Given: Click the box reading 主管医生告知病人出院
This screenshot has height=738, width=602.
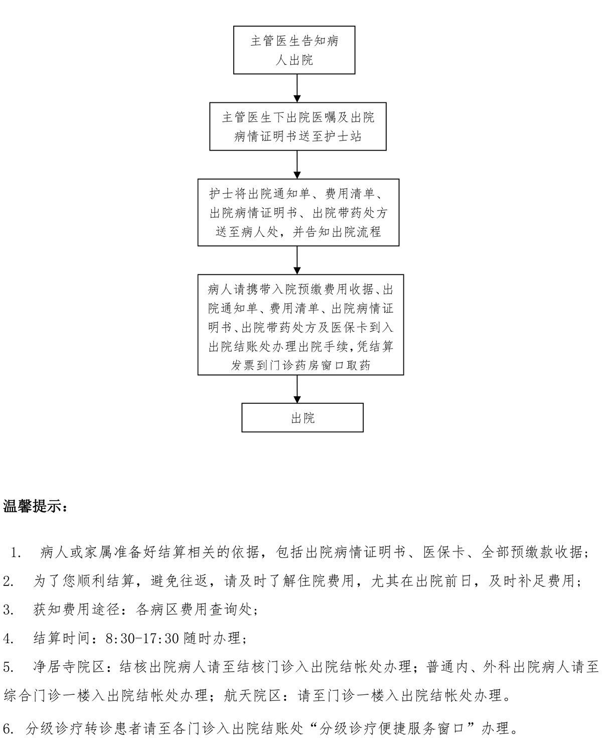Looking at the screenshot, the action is point(294,50).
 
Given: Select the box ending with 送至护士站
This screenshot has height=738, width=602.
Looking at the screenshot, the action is point(298,126).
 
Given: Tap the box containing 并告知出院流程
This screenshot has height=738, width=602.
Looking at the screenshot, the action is point(298,212).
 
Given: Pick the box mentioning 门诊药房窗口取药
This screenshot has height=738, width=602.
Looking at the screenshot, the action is point(300,325).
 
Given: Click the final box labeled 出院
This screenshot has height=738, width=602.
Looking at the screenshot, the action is point(303,417).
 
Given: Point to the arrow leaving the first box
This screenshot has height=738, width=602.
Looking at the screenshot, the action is point(297,88).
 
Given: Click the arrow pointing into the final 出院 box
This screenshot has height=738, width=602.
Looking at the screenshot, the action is point(297,389).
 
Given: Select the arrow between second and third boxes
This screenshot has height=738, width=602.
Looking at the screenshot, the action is point(297,165).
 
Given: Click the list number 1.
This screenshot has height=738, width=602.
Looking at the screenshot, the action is point(16,552).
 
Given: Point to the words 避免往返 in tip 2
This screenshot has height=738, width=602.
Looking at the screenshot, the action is point(179,581).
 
